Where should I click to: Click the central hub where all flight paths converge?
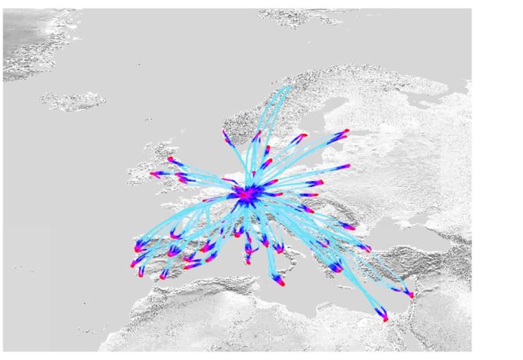click(x=247, y=196)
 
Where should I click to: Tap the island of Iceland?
click(x=72, y=101)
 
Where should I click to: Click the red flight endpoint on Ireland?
click(x=153, y=174)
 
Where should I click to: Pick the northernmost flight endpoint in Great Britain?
click(x=170, y=159)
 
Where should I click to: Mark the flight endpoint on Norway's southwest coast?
click(x=225, y=133)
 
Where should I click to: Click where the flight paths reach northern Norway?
click(x=289, y=86)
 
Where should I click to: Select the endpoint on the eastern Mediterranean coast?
click(x=411, y=296)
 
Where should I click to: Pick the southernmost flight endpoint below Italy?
click(x=281, y=284)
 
